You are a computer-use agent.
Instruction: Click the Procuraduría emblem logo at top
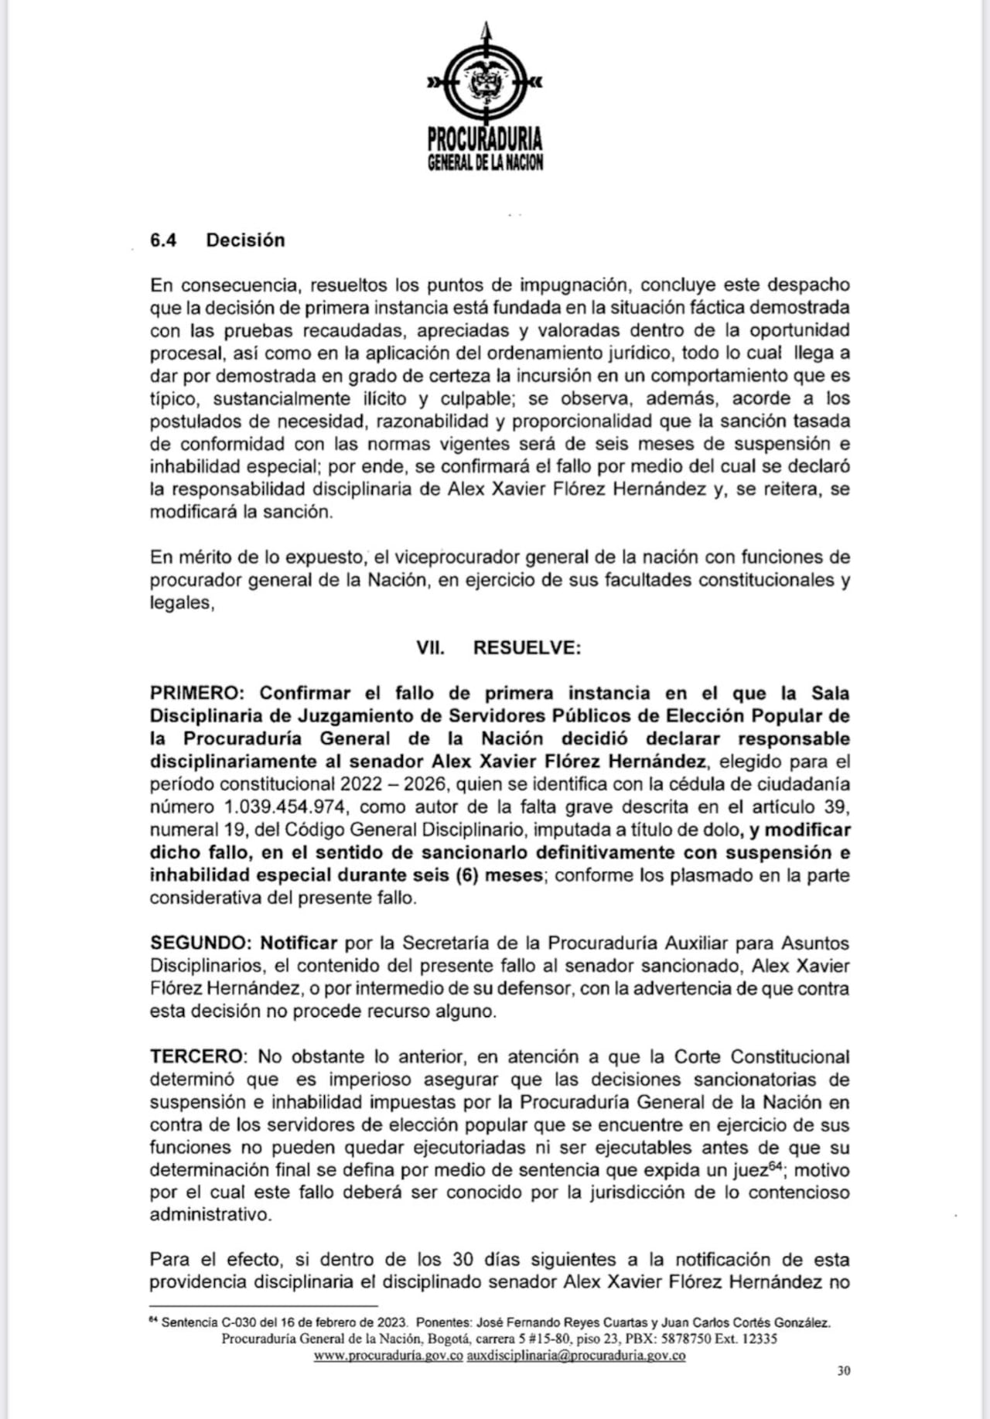(x=485, y=78)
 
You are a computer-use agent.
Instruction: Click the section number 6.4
(x=163, y=240)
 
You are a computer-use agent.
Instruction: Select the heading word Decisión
(x=245, y=240)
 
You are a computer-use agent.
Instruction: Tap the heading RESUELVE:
(x=527, y=648)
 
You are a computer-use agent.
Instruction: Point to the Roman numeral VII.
(x=430, y=648)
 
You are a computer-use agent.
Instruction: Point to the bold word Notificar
(x=299, y=943)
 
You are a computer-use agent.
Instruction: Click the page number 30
(x=844, y=1371)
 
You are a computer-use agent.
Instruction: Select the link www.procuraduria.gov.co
(x=388, y=1356)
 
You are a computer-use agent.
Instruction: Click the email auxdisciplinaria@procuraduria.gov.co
(x=576, y=1356)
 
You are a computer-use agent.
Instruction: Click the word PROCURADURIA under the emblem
(x=485, y=140)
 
